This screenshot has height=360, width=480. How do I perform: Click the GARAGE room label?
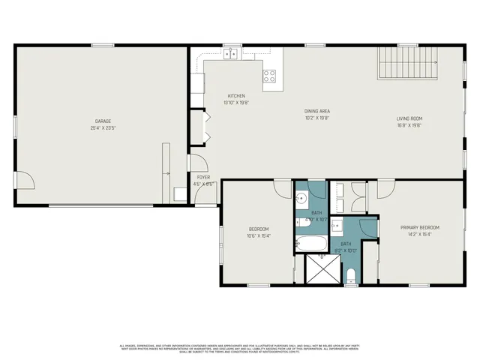103,121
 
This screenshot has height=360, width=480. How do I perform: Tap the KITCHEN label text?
236,96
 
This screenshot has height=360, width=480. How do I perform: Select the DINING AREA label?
317,110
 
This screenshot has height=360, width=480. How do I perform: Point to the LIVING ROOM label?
409,118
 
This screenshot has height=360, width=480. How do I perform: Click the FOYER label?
203,177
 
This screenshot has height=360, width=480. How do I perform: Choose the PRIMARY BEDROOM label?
419,227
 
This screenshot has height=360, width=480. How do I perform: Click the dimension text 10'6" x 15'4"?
259,235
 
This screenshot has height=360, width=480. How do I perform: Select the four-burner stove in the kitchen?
269,75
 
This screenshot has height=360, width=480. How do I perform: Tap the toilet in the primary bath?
351,274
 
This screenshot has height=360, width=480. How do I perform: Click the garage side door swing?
25,180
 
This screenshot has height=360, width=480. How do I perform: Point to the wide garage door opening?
105,204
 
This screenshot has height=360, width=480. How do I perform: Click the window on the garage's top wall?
103,46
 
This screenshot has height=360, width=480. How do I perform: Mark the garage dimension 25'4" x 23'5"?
103,128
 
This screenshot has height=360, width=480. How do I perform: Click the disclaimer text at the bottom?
240,349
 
